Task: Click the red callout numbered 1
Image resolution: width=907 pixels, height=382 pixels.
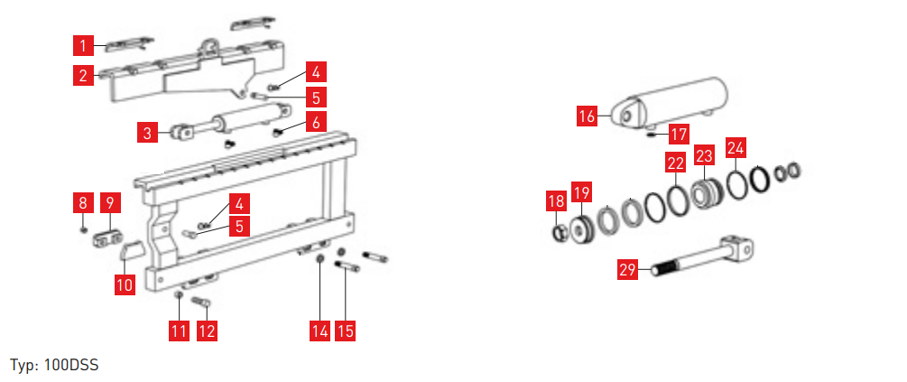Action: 83,45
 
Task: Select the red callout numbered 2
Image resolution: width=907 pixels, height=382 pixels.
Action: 83,75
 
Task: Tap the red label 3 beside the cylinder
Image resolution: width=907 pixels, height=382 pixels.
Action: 147,133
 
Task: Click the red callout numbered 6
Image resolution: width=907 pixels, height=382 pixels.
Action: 316,122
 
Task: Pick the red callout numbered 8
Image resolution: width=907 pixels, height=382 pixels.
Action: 83,203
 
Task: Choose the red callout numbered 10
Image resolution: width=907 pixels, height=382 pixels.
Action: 125,284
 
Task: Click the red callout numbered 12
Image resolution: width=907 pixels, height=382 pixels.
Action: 207,331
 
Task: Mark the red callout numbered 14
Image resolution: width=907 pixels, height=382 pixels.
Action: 319,331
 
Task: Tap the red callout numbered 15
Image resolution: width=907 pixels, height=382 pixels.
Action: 346,331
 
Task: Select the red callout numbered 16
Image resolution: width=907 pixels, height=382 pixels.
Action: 588,116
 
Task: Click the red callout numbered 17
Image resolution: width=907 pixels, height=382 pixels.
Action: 679,135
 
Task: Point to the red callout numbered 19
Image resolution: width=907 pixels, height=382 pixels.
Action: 582,192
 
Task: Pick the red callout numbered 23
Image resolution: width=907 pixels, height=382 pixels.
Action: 705,154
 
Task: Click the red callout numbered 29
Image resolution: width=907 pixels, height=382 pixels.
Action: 627,270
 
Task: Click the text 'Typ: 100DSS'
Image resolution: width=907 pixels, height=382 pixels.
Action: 54,366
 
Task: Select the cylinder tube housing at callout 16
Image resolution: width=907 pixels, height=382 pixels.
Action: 669,103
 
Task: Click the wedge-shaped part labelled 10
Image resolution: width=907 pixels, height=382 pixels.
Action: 131,250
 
